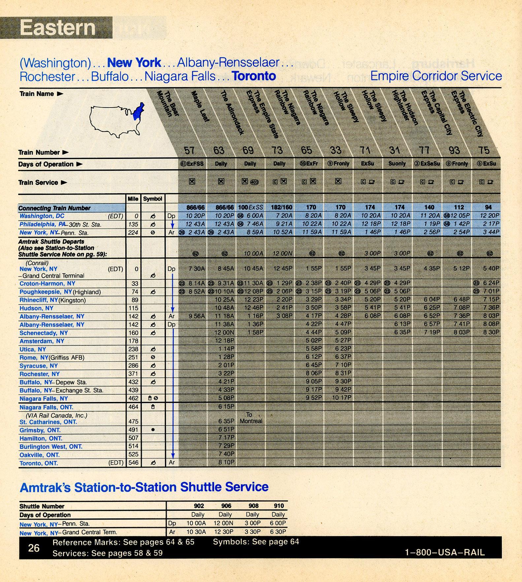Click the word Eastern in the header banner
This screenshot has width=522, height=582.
click(57, 27)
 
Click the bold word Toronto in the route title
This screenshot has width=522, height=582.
click(254, 76)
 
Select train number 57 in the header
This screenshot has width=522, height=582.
click(189, 150)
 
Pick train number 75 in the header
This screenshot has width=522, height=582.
click(484, 150)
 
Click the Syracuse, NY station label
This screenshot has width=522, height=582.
click(38, 366)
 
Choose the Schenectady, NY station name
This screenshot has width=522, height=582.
click(44, 333)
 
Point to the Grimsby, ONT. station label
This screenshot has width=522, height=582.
click(40, 430)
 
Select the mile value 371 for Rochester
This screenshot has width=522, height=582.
click(133, 374)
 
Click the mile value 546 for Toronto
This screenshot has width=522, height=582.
click(133, 463)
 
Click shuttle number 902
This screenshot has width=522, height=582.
click(199, 506)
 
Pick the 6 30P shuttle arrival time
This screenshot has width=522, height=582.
click(278, 532)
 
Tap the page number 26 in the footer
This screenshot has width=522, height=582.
click(34, 548)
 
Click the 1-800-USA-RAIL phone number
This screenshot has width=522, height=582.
click(445, 552)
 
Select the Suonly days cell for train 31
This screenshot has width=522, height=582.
click(397, 164)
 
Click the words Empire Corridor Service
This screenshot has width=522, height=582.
click(436, 76)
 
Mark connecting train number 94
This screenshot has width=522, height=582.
click(488, 207)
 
